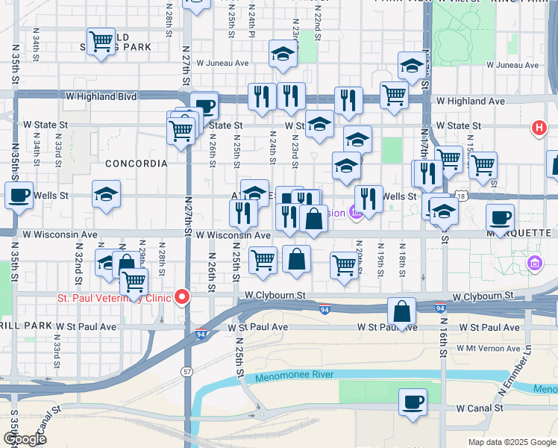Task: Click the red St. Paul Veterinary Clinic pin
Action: click(x=181, y=298)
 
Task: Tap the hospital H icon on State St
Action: click(x=539, y=128)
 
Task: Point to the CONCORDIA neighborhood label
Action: click(x=137, y=163)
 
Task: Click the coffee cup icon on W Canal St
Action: click(x=413, y=402)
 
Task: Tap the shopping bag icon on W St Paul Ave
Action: click(x=402, y=311)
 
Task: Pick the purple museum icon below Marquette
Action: click(x=534, y=263)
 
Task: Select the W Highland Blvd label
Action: click(x=101, y=96)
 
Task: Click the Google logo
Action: click(x=25, y=439)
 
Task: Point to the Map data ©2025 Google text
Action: click(x=511, y=442)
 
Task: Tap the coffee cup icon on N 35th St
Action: click(x=19, y=196)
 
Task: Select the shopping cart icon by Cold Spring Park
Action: click(x=101, y=42)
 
